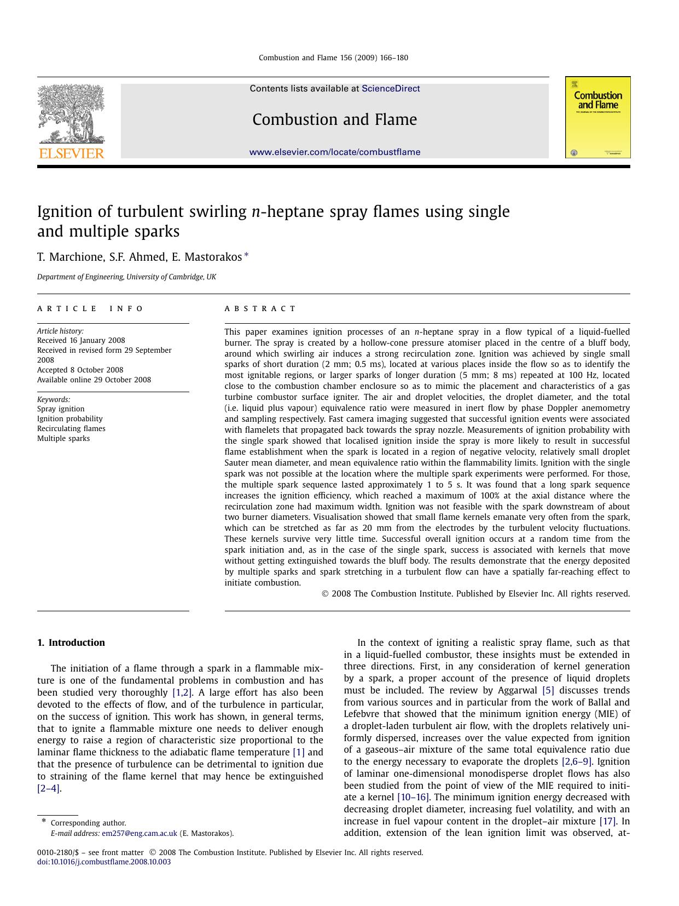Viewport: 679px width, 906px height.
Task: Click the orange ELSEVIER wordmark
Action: click(x=71, y=154)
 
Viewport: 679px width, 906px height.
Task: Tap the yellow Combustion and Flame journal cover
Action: click(x=597, y=117)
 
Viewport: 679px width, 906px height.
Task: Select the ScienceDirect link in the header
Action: click(x=391, y=89)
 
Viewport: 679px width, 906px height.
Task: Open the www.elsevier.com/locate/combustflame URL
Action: click(x=335, y=152)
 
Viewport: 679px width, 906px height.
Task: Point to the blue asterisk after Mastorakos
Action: click(x=246, y=255)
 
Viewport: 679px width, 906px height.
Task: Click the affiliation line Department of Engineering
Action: click(x=126, y=277)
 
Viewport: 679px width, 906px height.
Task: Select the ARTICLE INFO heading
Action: click(x=90, y=309)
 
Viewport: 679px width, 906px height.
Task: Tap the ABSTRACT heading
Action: click(x=260, y=309)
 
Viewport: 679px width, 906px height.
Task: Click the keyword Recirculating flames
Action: click(x=71, y=429)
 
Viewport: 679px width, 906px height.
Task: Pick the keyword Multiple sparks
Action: click(x=63, y=439)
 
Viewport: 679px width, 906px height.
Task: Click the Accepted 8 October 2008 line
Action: click(x=80, y=370)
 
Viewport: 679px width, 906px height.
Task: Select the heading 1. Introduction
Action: click(x=71, y=643)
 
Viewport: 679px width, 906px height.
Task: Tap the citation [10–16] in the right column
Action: click(x=413, y=798)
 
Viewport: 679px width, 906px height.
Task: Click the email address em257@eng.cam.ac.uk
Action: click(x=140, y=834)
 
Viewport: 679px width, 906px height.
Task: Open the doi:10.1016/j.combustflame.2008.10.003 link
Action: click(x=104, y=862)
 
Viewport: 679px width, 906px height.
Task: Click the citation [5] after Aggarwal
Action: click(x=548, y=691)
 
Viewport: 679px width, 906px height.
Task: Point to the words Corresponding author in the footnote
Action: click(x=88, y=823)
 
